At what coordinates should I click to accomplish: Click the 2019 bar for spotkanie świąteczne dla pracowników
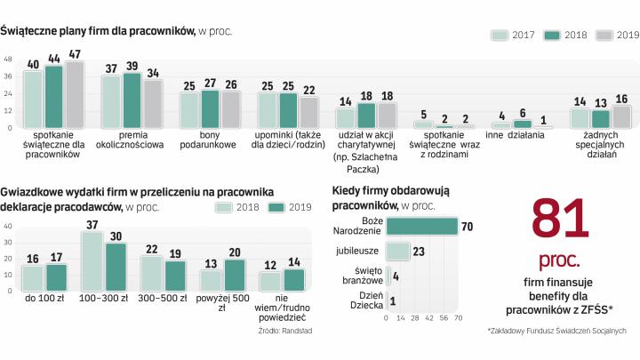click(74, 94)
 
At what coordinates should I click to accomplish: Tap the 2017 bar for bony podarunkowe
click(188, 110)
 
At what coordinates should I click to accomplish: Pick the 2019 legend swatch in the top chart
click(605, 35)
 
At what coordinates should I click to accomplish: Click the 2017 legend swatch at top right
click(501, 35)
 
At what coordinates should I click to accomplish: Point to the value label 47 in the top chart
click(75, 56)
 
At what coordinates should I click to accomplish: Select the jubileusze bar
click(397, 251)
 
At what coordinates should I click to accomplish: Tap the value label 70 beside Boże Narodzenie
click(467, 226)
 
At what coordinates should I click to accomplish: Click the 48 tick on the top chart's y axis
click(8, 60)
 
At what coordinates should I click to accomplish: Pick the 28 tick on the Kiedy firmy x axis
click(415, 317)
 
